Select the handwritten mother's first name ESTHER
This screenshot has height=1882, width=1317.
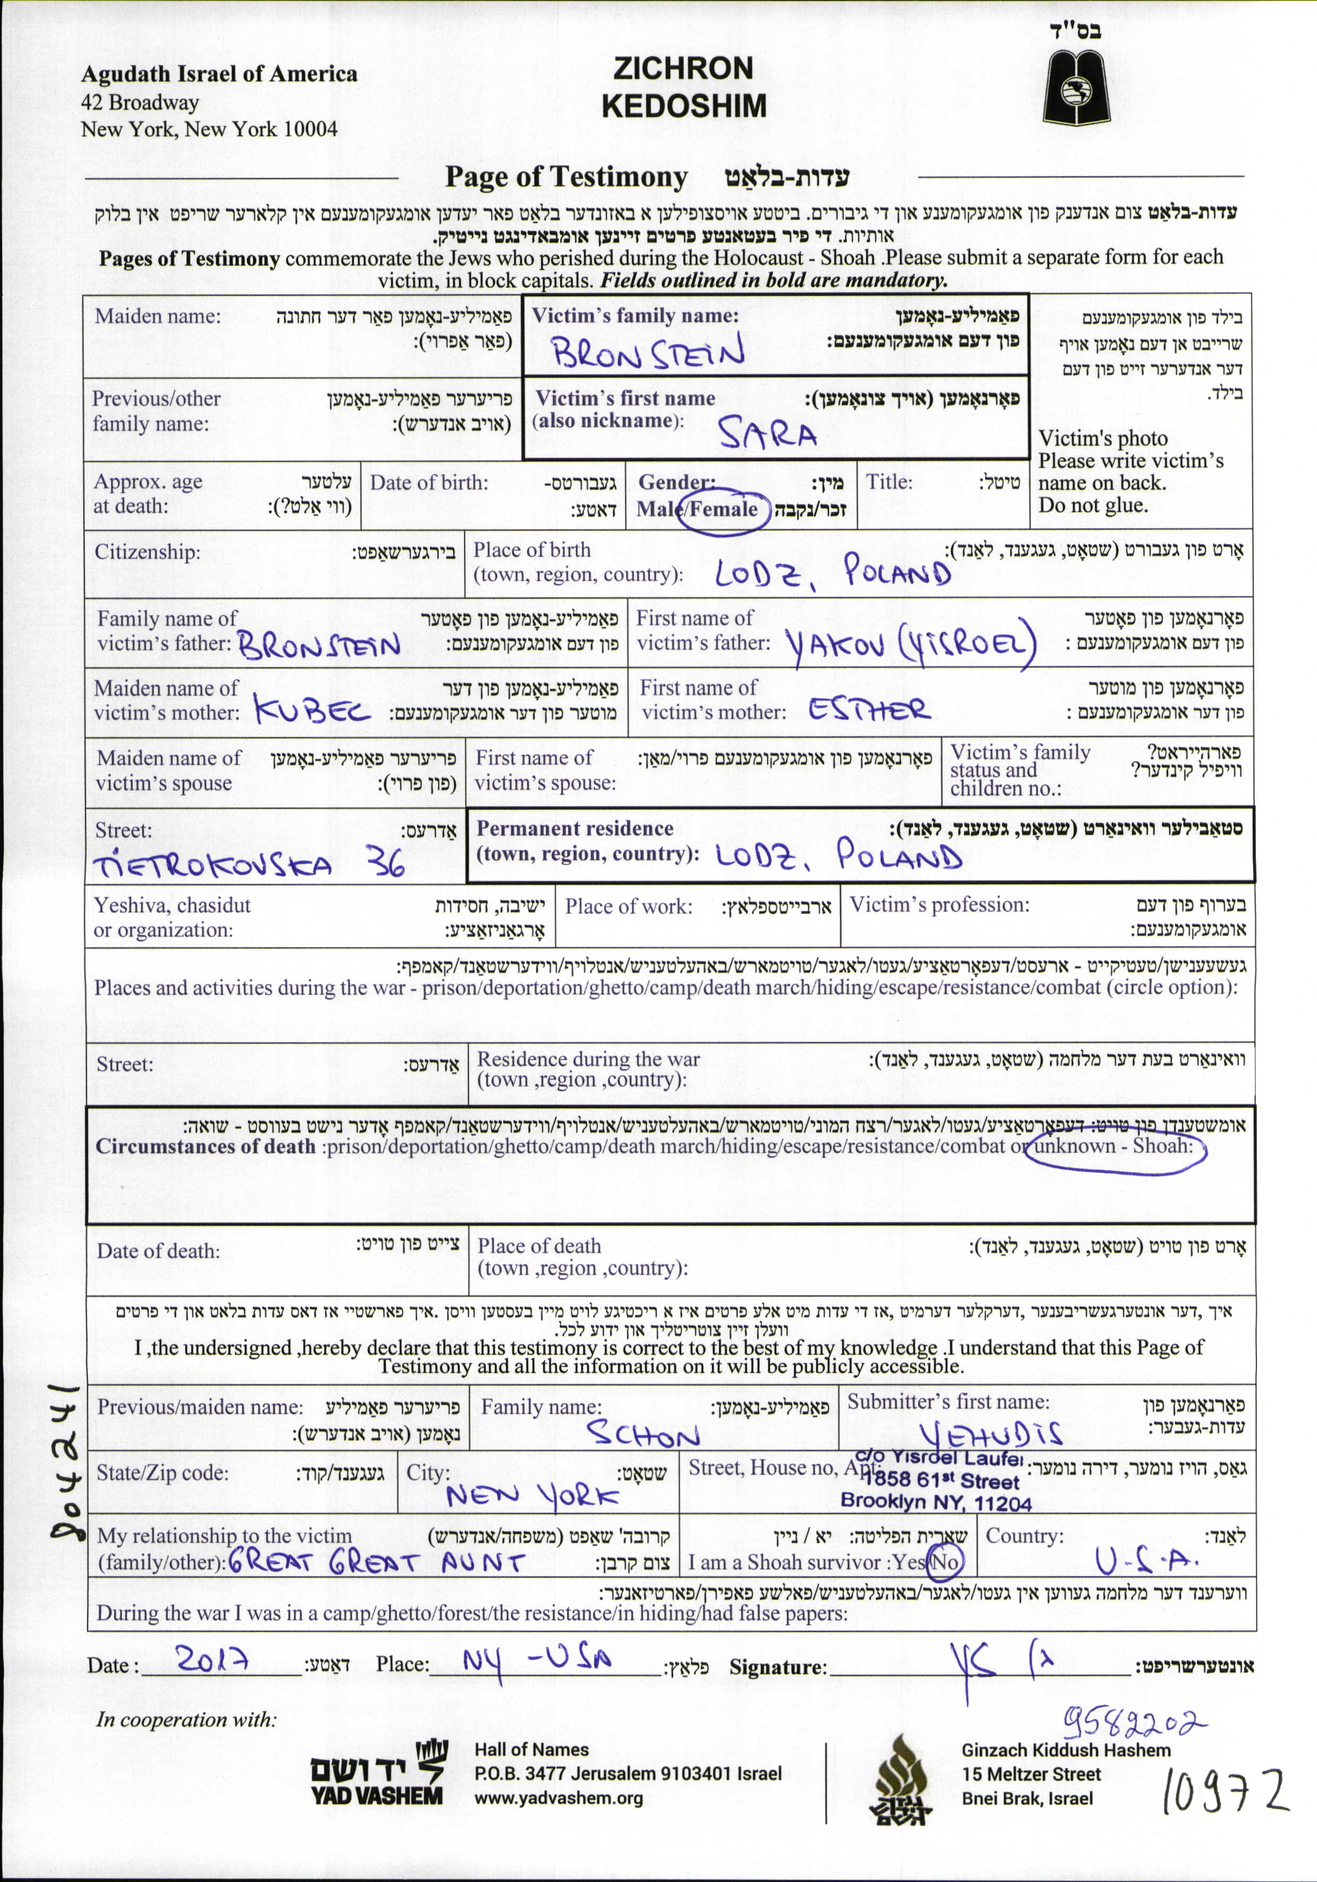869,708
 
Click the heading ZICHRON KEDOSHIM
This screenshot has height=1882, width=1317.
683,87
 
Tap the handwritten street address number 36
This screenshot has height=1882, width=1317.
385,862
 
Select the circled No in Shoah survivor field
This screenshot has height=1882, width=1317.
945,1561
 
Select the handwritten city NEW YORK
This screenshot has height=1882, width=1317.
533,1497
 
